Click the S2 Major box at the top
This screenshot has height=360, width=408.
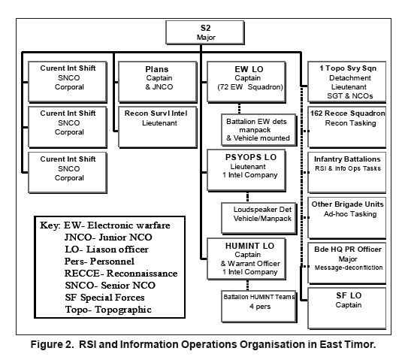point(205,32)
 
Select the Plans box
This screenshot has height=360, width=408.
point(158,82)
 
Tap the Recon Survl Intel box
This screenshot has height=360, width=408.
point(158,127)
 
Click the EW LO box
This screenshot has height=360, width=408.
point(246,82)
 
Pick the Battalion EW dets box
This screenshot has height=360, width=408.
point(259,129)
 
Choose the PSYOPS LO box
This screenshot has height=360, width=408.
point(246,171)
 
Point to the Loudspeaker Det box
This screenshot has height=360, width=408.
point(259,218)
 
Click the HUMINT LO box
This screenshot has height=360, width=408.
point(246,259)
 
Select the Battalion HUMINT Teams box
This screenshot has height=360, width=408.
point(259,307)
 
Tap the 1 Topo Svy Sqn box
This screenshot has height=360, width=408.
point(347,82)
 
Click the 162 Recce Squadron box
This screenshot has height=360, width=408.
point(347,127)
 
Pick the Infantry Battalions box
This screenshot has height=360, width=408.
point(347,172)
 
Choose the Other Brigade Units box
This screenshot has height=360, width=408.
point(347,218)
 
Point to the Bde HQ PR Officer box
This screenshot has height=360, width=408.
point(347,263)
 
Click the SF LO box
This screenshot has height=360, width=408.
point(347,308)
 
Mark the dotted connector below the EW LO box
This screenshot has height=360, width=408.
point(240,108)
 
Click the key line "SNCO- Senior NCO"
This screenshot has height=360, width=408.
point(110,286)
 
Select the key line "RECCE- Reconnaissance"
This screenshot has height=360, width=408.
point(121,274)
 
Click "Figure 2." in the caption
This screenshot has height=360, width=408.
point(53,344)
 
